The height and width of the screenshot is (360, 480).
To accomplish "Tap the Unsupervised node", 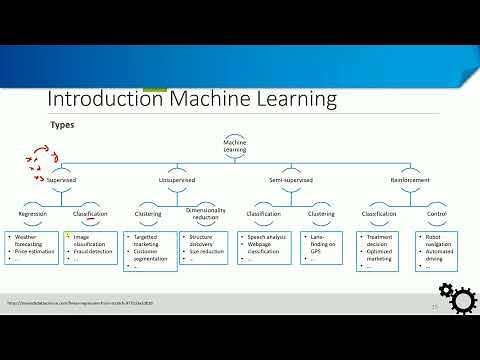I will [x=176, y=181].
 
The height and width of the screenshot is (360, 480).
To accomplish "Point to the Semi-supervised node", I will [x=292, y=181].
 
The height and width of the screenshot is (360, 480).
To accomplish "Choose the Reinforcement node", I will [x=411, y=181].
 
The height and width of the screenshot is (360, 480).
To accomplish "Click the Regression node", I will [x=34, y=213].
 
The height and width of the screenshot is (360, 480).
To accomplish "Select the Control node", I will [x=437, y=213].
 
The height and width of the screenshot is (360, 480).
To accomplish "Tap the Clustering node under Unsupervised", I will [x=150, y=213].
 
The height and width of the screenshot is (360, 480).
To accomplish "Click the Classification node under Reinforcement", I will [x=379, y=213].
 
